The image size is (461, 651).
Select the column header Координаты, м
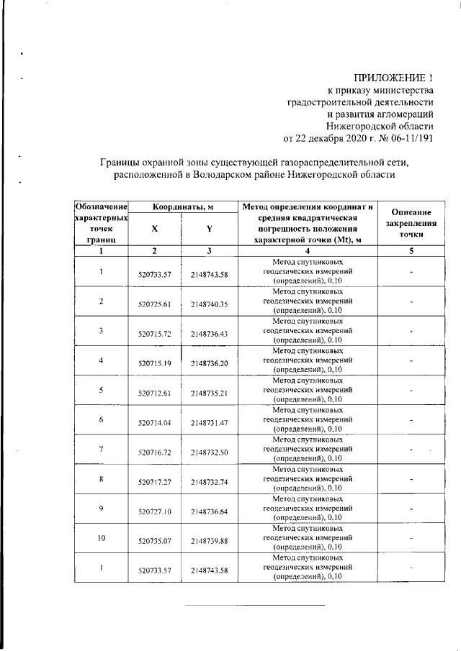(183, 207)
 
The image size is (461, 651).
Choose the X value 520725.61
(155, 304)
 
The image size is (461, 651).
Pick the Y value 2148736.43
(210, 334)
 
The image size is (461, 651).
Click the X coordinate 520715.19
(155, 364)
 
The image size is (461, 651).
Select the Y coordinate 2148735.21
(210, 393)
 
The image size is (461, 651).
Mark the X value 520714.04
(155, 423)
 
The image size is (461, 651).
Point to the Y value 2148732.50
(210, 452)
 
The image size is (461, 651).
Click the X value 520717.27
(155, 482)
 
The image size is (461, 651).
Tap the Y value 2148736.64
(210, 511)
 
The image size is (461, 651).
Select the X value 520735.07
(155, 541)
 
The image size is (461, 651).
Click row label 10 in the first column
(102, 537)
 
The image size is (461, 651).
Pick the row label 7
(102, 448)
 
